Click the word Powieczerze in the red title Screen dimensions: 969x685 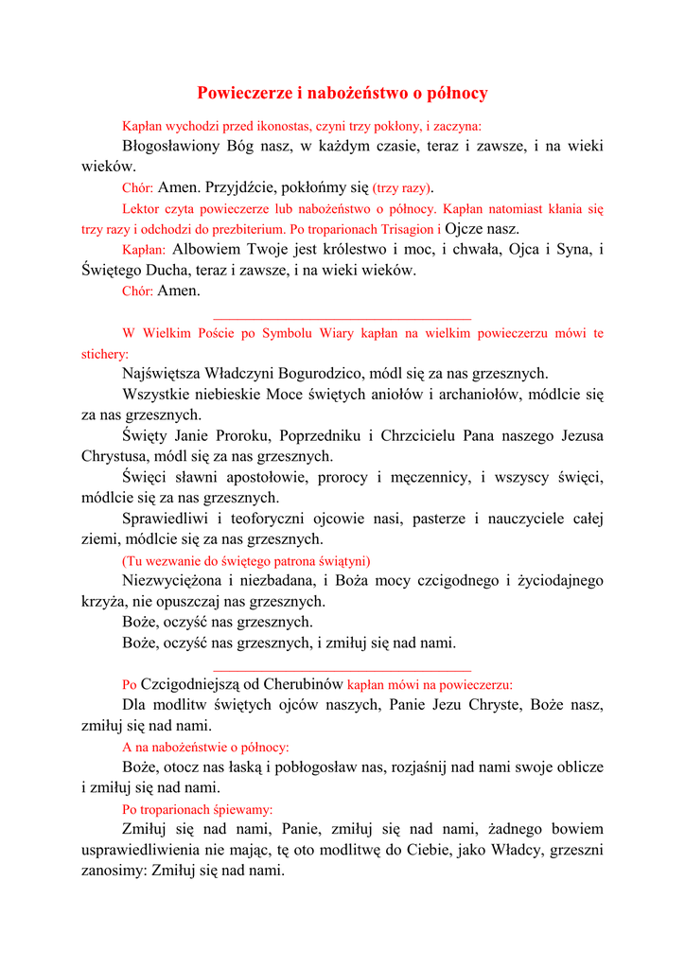point(239,93)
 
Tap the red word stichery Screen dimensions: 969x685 point(104,354)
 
